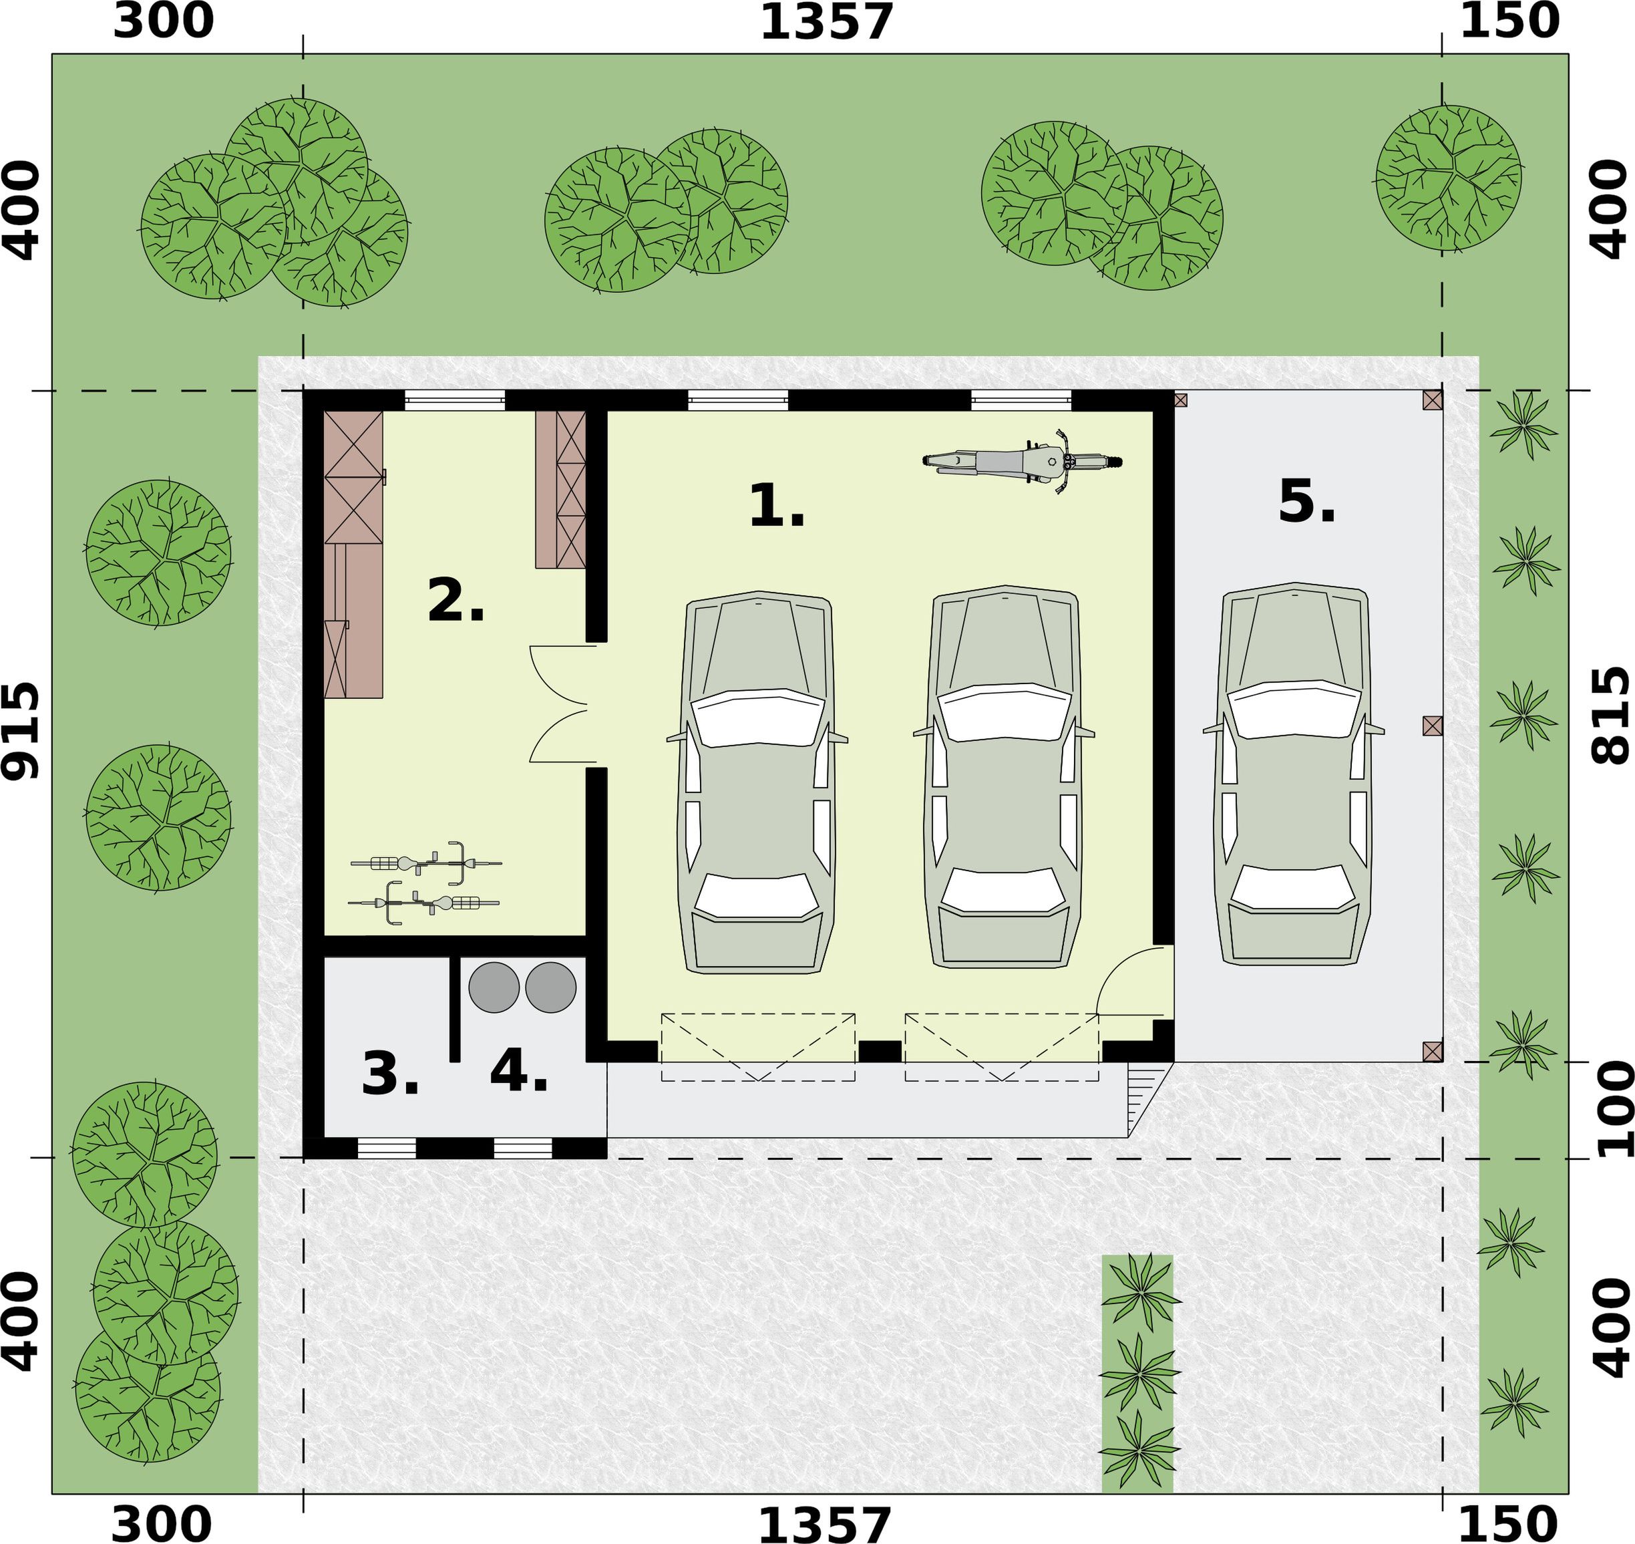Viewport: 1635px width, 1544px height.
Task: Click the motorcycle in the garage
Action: click(1022, 462)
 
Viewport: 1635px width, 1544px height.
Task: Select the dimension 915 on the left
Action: click(20, 732)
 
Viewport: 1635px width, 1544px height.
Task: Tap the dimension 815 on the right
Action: click(1610, 716)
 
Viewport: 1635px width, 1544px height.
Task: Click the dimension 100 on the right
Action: click(1614, 1108)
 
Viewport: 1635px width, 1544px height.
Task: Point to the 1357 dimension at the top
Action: click(826, 21)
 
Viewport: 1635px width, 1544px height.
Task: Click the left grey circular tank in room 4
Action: click(494, 987)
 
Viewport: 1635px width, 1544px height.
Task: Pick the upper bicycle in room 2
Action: click(426, 863)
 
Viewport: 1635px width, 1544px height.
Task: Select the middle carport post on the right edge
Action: click(1433, 725)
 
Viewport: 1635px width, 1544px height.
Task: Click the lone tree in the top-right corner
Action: click(1448, 178)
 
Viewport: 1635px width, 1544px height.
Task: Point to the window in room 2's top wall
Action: click(455, 401)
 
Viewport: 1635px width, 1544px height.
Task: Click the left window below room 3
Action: click(387, 1148)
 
